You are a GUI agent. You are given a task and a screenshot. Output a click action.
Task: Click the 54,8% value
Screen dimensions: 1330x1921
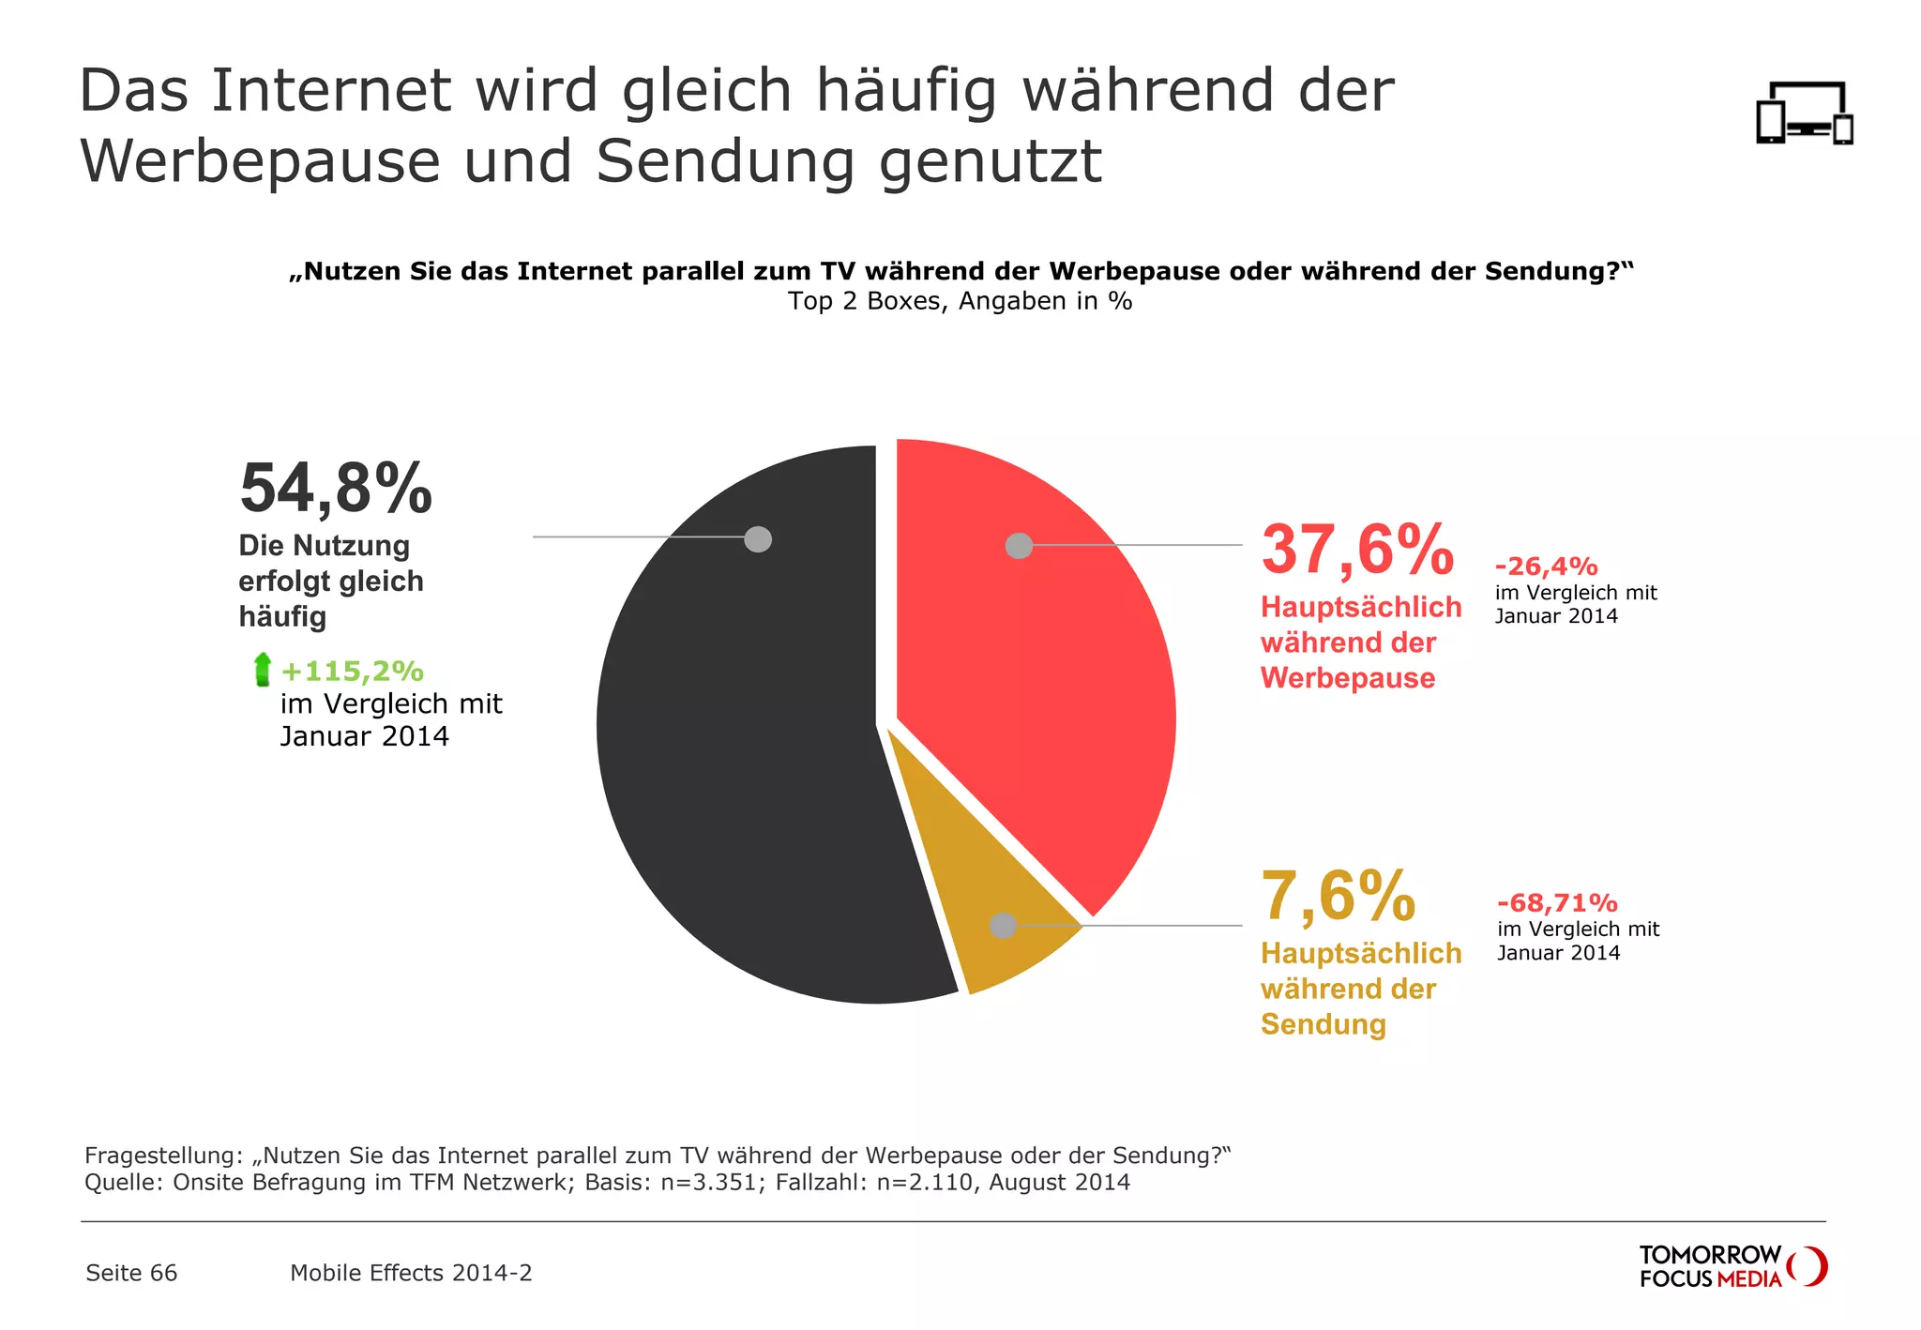tap(336, 489)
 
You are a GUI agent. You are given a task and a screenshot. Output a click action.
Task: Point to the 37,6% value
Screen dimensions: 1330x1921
tap(1356, 551)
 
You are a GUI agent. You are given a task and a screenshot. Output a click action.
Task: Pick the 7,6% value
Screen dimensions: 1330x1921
tap(1338, 896)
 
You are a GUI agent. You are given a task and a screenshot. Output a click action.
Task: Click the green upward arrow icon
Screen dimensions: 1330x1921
tap(263, 670)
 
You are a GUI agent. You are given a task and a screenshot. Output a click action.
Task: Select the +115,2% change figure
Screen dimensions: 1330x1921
tap(352, 672)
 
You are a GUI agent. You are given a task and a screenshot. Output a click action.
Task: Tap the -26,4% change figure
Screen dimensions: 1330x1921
tap(1546, 567)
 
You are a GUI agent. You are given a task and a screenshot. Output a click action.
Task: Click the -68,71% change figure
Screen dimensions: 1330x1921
tap(1557, 903)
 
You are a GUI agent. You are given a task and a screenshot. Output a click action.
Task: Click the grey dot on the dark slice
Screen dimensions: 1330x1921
tap(758, 539)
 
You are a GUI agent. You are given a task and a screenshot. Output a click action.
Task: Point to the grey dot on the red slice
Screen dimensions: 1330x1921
tap(1019, 546)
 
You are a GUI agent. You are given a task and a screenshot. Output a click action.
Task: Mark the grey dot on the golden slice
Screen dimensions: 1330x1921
tap(1004, 926)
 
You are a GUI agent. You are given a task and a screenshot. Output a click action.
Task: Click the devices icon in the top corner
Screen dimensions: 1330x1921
tap(1804, 113)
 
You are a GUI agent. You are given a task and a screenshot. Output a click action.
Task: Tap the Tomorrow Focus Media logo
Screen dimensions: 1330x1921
tap(1732, 1266)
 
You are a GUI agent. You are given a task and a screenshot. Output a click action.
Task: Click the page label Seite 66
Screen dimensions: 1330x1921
tap(131, 1273)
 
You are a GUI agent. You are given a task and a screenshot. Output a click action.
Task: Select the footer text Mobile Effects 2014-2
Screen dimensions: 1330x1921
tap(411, 1273)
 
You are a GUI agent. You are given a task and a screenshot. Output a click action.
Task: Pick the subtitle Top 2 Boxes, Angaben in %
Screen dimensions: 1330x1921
tap(960, 301)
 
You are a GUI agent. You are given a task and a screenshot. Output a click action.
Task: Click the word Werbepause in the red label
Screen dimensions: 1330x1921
tap(1347, 678)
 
